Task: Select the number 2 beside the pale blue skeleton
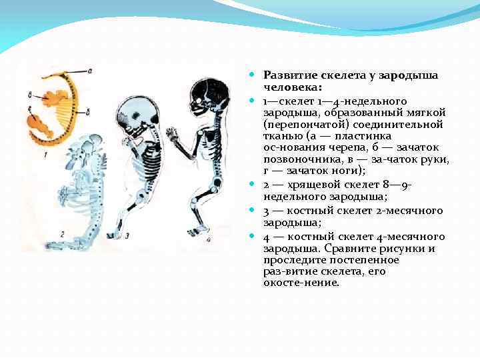tap(61, 233)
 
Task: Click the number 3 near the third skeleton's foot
tap(127, 235)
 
